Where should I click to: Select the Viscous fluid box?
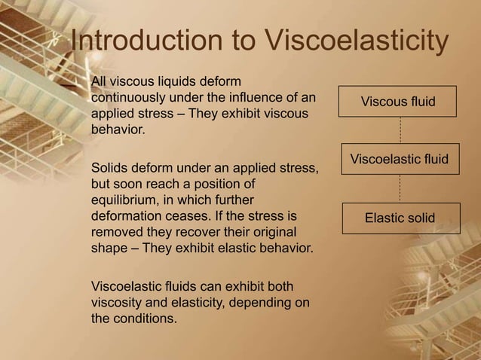398,101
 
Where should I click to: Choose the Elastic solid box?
400,218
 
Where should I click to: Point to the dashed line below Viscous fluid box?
399,130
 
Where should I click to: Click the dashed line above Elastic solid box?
399,188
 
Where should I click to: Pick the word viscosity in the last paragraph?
118,303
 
